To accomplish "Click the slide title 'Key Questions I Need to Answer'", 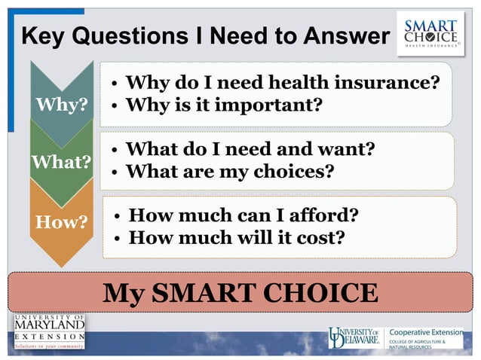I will click(x=205, y=35).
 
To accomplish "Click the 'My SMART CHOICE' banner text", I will click(x=240, y=292).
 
